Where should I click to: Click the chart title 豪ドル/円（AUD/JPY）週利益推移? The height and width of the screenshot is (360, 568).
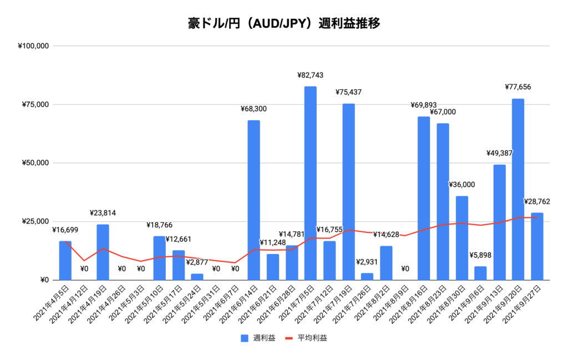[x=283, y=24]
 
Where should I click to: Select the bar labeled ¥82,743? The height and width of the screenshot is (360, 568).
[x=310, y=183]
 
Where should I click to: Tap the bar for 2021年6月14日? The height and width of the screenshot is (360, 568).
[x=253, y=200]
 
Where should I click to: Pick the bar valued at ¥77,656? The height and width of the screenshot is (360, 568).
[x=518, y=189]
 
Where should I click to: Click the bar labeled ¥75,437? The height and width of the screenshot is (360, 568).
[x=348, y=191]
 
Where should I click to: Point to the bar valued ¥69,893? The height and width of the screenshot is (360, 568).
[x=423, y=198]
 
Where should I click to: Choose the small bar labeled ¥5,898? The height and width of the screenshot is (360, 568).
[x=480, y=273]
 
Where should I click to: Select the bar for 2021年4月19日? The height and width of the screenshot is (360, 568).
[x=103, y=252]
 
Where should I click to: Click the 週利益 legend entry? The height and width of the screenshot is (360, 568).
[x=257, y=338]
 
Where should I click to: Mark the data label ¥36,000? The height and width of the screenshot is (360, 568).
[x=461, y=185]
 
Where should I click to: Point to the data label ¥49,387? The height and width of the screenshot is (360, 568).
[x=499, y=153]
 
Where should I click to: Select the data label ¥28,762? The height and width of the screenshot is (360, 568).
[x=536, y=201]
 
